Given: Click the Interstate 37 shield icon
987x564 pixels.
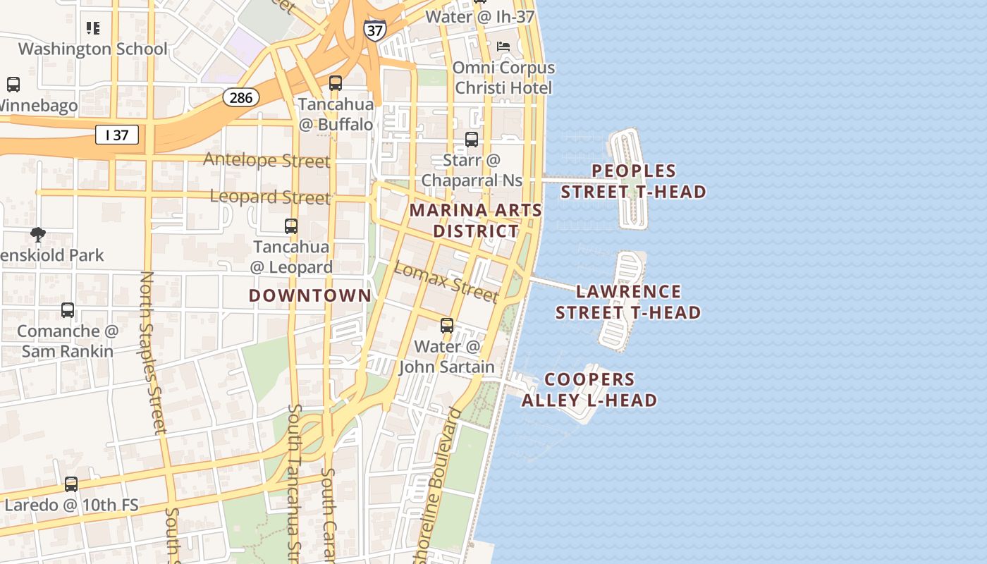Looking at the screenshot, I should click(374, 29).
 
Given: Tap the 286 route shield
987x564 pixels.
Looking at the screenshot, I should click(241, 97).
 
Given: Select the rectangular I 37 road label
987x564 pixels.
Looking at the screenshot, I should click(117, 135).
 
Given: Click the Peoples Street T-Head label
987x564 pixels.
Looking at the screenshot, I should click(633, 181).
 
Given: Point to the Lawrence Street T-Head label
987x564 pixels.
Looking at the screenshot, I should click(628, 302).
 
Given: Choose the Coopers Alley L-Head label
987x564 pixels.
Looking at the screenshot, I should click(589, 390).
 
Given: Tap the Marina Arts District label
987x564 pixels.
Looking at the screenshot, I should click(476, 221).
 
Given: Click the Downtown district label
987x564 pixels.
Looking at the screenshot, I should click(310, 295).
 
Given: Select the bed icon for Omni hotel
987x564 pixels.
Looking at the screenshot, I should click(503, 47).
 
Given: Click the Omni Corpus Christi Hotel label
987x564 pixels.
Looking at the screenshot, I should click(503, 78).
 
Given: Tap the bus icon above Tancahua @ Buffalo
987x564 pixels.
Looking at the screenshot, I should click(336, 83).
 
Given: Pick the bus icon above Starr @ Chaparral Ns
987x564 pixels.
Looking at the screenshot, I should click(472, 140).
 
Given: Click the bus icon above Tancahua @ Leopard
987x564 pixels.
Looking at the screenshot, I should click(291, 226).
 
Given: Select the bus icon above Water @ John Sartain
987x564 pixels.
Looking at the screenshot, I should click(447, 326).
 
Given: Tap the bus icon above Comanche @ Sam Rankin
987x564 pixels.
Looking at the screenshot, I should click(68, 310).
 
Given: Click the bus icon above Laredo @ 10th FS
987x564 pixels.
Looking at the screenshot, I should click(71, 484).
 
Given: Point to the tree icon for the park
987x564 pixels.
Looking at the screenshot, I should click(38, 234).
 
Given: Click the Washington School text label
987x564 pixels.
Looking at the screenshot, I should click(93, 49).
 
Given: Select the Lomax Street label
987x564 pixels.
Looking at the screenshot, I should click(446, 281).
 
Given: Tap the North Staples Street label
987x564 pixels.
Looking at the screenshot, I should click(152, 352).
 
